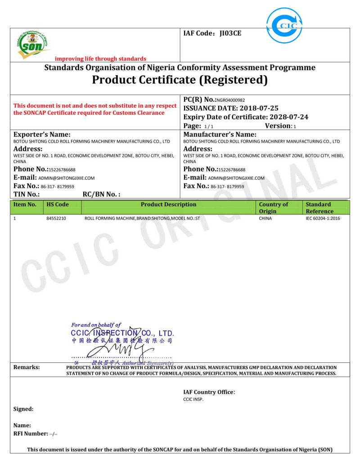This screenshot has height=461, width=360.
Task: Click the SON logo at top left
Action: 33,44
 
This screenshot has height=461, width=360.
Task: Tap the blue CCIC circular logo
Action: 284,25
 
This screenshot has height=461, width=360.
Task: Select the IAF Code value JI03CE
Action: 230,33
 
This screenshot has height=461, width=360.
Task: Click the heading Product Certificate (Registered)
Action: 180,80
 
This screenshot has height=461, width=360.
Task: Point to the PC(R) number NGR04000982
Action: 230,99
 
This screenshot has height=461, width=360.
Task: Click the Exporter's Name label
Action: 42,135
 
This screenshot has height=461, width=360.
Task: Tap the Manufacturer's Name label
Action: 220,135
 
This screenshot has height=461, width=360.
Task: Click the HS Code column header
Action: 58,204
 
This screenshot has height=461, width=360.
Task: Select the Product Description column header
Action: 168,204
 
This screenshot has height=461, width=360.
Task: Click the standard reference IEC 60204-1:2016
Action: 323,218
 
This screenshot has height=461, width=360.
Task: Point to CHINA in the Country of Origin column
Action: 266,218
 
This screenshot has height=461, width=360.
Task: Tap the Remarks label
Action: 27,367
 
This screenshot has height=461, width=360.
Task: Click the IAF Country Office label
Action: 209,392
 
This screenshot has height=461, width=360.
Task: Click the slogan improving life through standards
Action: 100,59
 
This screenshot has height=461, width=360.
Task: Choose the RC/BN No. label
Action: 102,194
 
